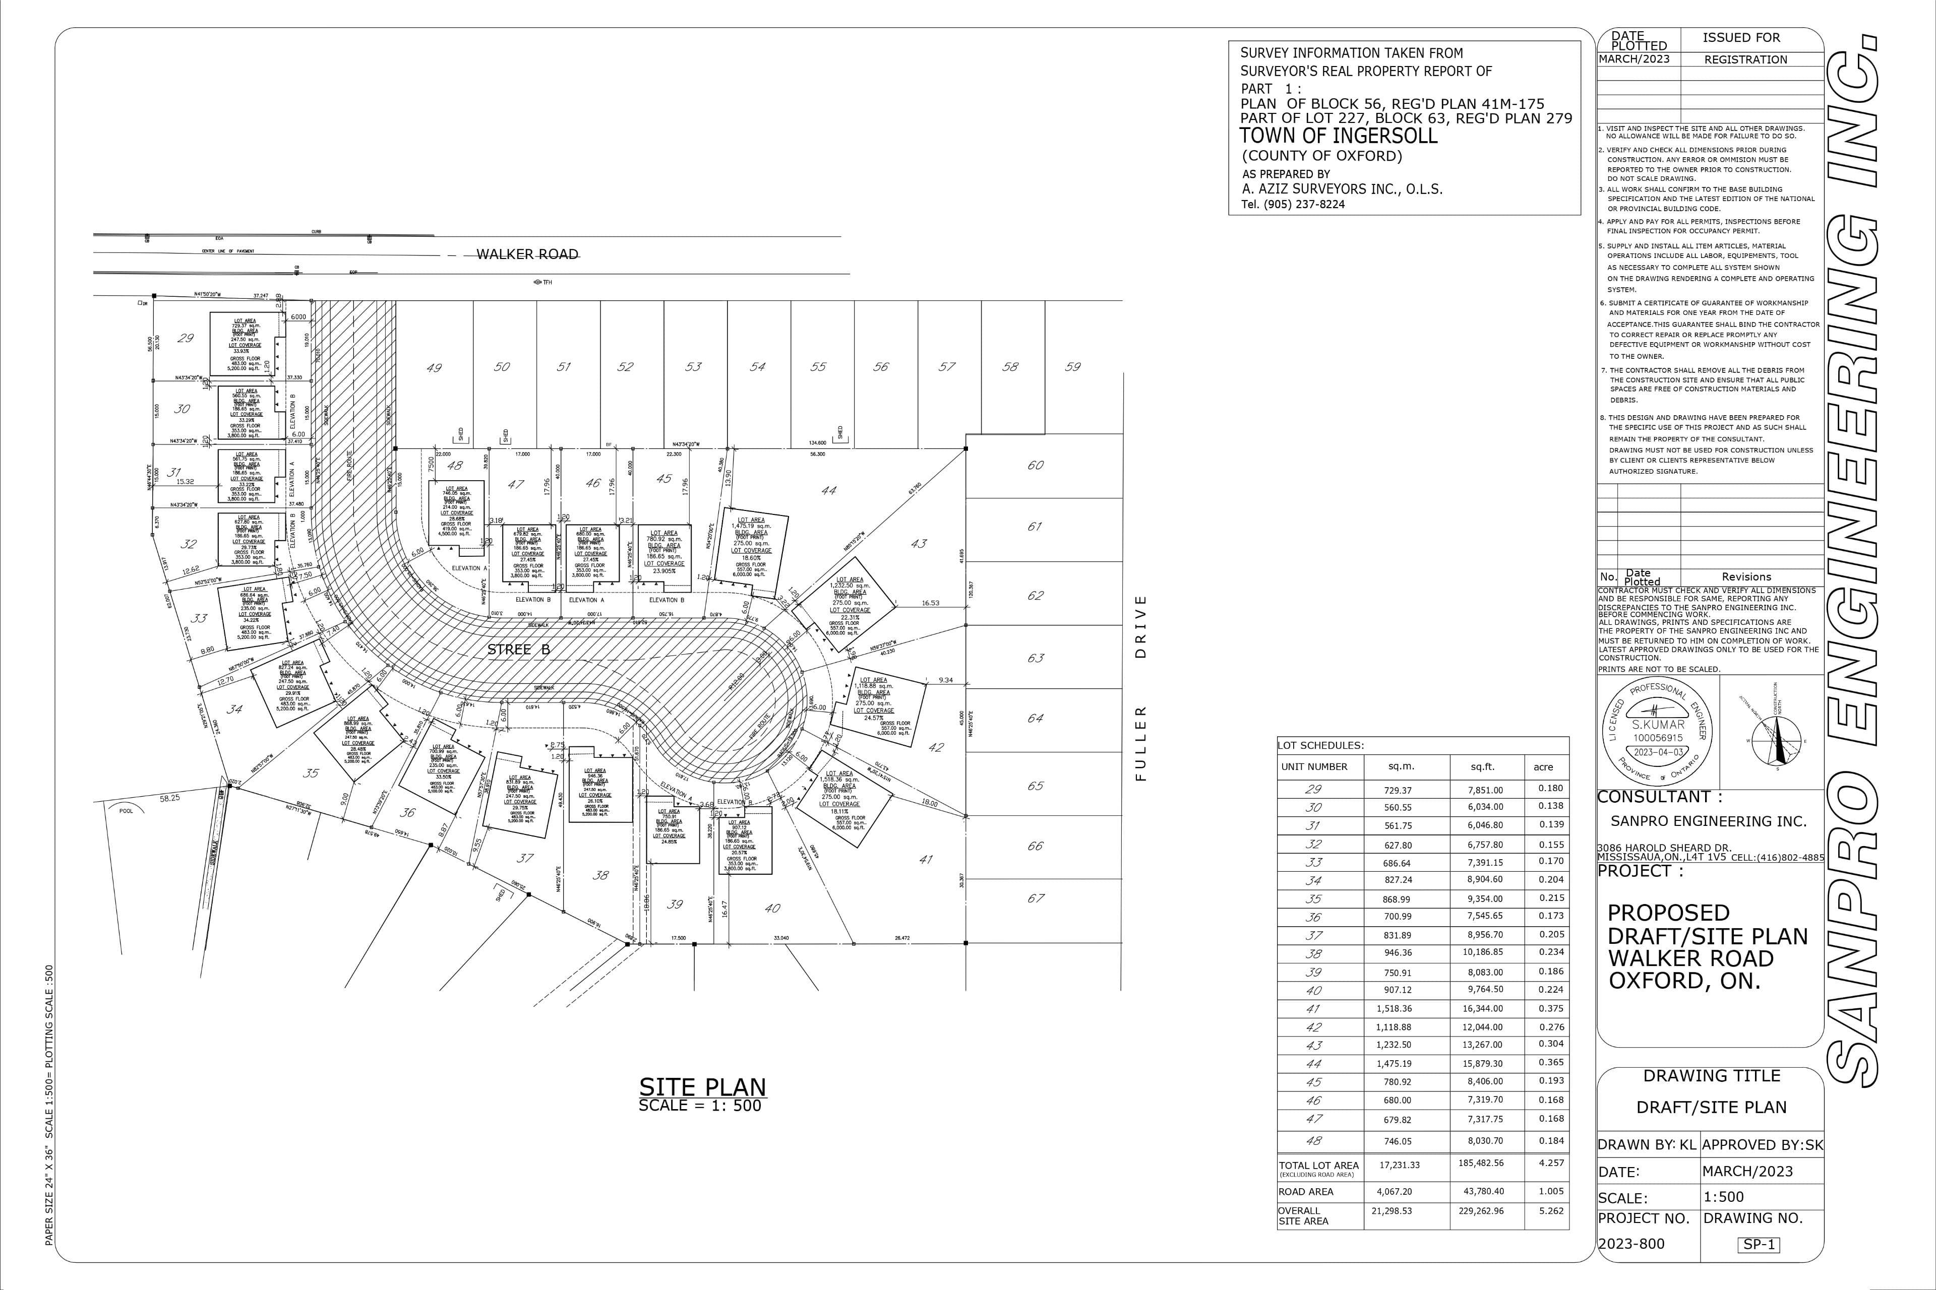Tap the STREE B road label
click(x=519, y=650)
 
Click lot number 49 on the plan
click(x=434, y=368)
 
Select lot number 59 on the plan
click(x=1072, y=367)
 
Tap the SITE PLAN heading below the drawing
click(x=702, y=1087)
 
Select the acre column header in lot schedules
click(x=1543, y=767)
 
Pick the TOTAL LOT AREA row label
click(x=1318, y=1165)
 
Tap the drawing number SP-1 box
click(x=1758, y=1245)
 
